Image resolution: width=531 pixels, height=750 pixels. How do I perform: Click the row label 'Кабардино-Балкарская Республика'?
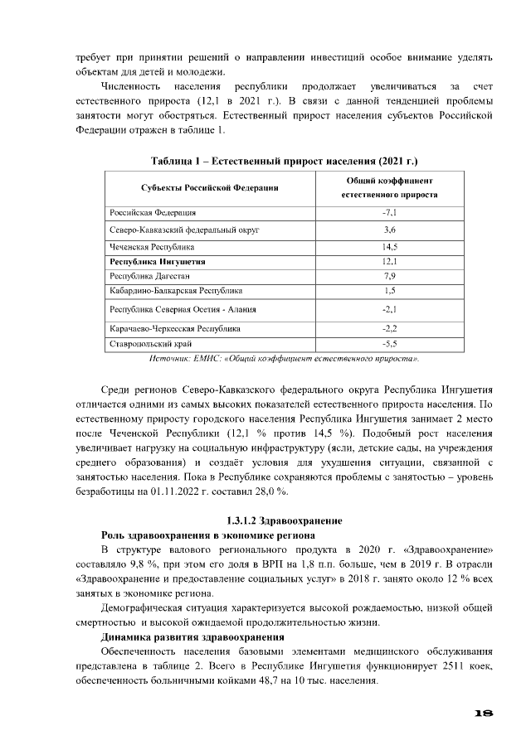[x=176, y=291]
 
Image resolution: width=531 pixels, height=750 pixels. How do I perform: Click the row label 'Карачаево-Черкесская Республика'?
[x=175, y=329]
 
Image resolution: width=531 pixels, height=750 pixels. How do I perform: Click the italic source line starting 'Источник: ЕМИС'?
[x=283, y=359]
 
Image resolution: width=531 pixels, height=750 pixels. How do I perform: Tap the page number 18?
[x=485, y=713]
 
